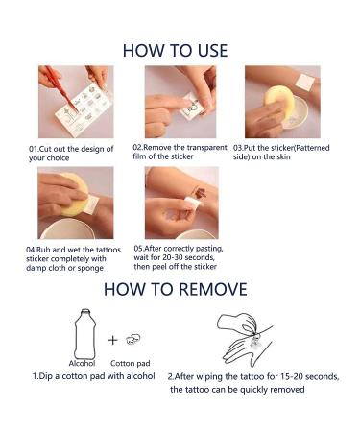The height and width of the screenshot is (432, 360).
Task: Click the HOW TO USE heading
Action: (175, 51)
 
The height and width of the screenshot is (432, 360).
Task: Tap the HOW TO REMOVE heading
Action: (176, 289)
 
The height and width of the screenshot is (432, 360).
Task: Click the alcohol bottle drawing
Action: (84, 334)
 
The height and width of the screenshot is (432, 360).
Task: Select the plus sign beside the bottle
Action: (112, 340)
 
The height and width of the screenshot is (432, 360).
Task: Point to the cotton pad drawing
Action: (133, 339)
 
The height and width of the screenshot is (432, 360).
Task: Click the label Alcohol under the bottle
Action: (82, 363)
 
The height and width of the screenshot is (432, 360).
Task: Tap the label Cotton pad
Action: (130, 363)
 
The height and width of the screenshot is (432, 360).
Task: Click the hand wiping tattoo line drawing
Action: (245, 339)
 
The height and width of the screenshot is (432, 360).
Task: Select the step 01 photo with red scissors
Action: (76, 102)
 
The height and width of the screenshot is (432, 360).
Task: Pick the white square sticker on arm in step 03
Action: (305, 82)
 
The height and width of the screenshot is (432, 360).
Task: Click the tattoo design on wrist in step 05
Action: (199, 193)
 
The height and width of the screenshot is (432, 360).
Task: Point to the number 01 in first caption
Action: (34, 149)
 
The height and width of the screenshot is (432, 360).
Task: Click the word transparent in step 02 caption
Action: (206, 148)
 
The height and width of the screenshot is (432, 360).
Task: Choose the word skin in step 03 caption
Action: (283, 156)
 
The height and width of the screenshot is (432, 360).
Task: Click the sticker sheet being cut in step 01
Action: (84, 108)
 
